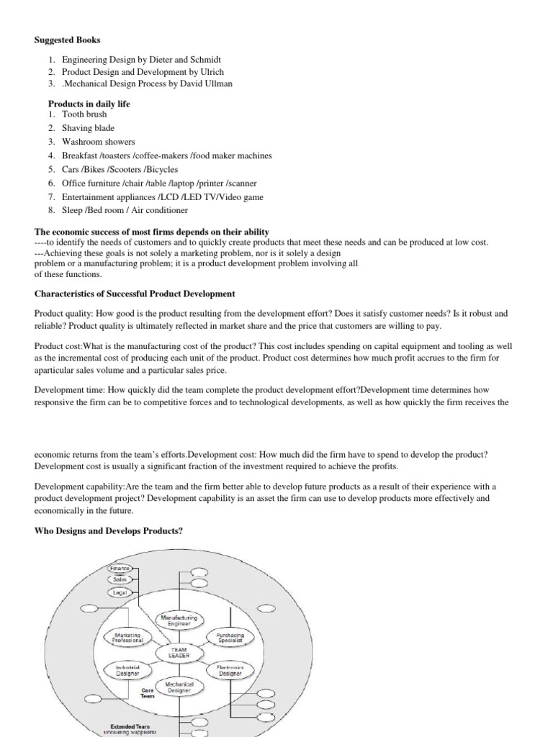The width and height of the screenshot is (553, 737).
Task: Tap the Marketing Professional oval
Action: [129, 637]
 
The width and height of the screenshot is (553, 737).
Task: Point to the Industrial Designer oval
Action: [127, 671]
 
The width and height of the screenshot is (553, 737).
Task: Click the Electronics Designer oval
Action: [230, 671]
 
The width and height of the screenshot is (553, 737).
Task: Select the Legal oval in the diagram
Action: [120, 592]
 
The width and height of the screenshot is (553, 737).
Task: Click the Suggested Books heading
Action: [69, 40]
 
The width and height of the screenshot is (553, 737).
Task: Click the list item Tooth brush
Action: [84, 114]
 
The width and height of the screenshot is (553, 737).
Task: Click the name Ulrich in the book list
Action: [233, 72]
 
